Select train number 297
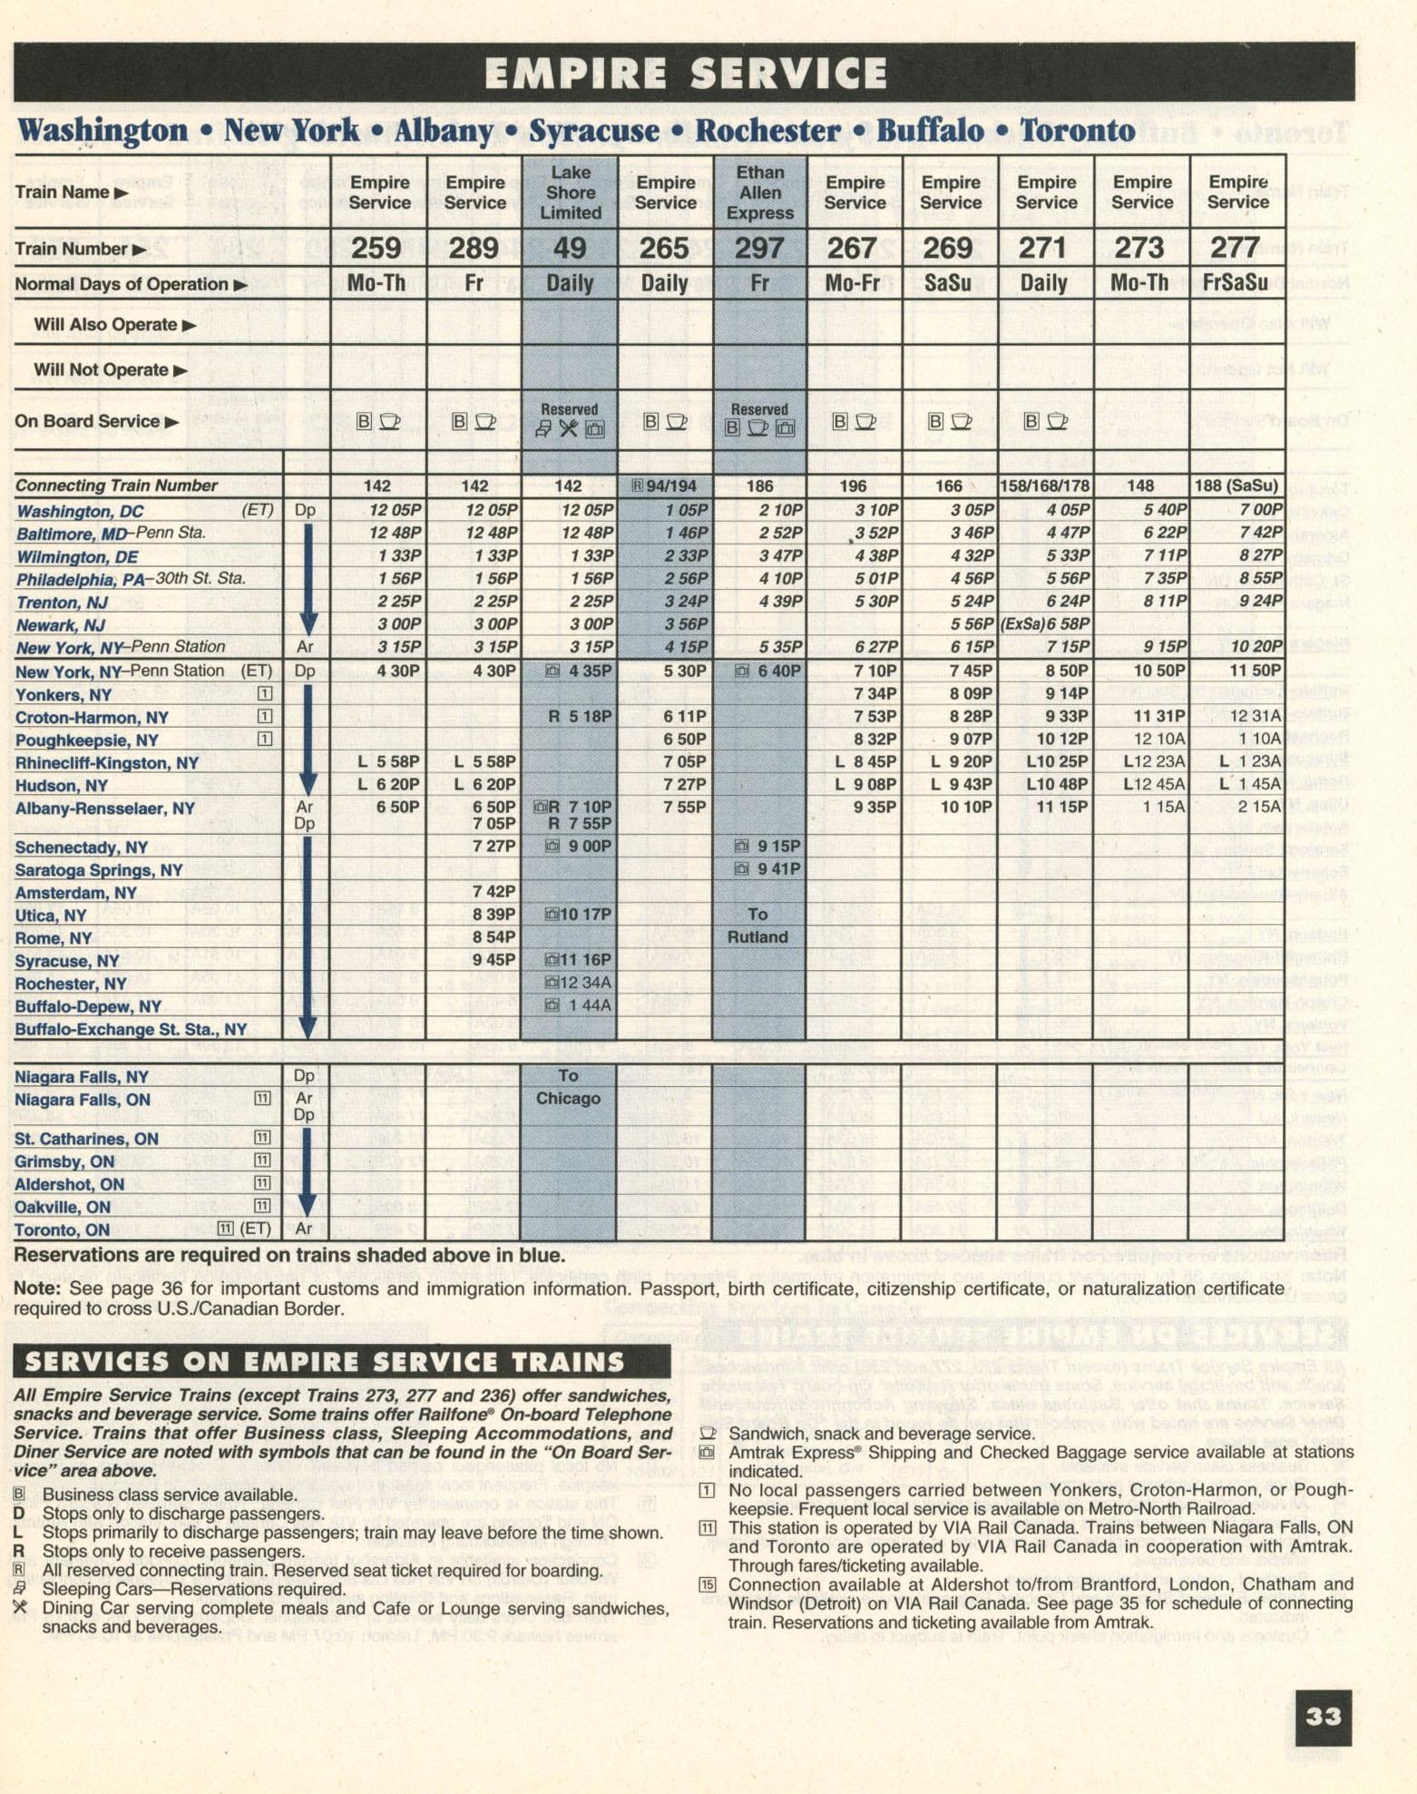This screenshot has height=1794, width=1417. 759,249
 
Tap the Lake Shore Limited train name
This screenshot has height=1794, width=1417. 570,193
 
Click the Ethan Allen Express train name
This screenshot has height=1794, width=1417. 759,193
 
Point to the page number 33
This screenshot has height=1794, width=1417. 1323,1717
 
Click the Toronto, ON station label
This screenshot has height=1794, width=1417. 63,1230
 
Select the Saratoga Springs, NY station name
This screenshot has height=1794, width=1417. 99,870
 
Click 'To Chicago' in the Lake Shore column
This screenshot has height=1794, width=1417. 569,1087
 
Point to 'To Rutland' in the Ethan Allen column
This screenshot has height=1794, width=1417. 758,926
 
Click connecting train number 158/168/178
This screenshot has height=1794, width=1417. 1044,486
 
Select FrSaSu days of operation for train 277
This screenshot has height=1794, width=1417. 1236,284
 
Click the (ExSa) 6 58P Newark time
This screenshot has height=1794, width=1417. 1044,624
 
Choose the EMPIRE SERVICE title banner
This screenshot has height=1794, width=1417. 685,73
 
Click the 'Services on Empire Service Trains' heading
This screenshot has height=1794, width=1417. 325,1362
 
